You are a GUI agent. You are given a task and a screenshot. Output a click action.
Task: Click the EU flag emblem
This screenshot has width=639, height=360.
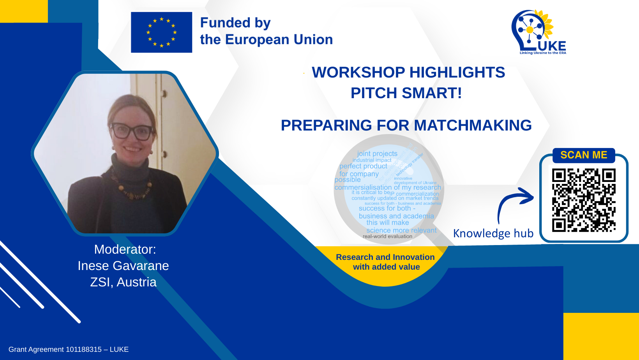click(161, 32)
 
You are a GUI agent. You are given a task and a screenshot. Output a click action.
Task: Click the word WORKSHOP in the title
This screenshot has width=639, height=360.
click(358, 72)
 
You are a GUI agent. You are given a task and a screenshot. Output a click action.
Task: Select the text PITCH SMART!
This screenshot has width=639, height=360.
click(406, 93)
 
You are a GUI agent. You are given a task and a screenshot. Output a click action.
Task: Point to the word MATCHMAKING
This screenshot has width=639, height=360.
click(473, 125)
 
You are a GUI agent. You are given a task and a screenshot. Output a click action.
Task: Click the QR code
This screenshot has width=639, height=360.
click(583, 200)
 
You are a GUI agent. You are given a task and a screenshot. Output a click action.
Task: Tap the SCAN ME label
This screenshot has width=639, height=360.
click(584, 155)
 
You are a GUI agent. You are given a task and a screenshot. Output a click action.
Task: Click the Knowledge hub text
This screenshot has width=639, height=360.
click(493, 233)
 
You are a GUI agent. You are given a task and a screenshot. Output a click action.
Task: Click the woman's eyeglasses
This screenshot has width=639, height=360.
click(132, 131)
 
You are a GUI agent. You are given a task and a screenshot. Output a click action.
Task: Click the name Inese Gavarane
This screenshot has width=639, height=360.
click(123, 266)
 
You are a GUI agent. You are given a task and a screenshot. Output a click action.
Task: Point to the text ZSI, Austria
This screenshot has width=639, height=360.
click(123, 282)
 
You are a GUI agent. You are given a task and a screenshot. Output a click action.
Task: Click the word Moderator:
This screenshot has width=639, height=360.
click(125, 249)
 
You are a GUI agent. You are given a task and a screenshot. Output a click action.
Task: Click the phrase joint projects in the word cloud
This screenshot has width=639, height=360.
click(377, 154)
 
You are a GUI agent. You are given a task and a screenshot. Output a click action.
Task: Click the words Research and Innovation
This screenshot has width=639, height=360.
click(385, 257)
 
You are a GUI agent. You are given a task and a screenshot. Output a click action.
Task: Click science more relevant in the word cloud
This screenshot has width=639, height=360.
click(401, 230)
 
